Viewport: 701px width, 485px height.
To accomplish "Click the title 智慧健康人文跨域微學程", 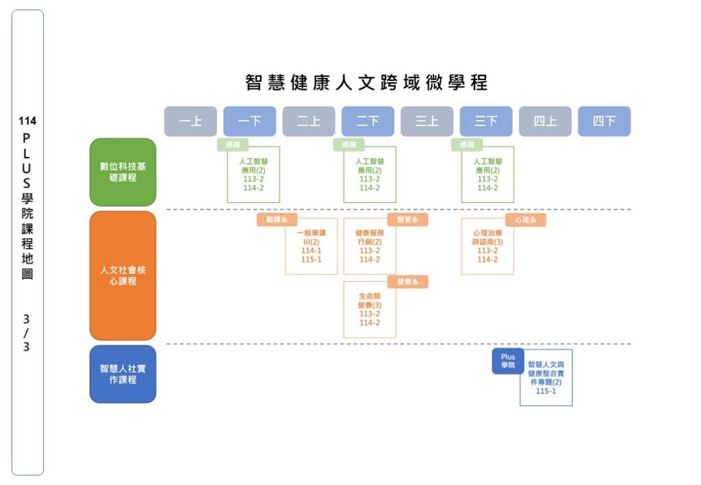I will [x=367, y=84].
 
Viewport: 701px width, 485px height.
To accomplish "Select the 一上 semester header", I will [x=190, y=121].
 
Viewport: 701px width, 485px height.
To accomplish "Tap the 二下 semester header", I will [x=368, y=121].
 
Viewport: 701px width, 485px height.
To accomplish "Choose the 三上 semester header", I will [x=426, y=121].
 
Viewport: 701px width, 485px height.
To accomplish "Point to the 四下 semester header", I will [x=604, y=121].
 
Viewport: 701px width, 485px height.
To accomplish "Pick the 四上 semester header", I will [x=545, y=121].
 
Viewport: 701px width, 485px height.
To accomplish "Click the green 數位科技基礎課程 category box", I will [x=123, y=172].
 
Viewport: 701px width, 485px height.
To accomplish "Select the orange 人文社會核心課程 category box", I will [x=123, y=275].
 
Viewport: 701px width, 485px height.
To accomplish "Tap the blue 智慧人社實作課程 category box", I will [x=123, y=374].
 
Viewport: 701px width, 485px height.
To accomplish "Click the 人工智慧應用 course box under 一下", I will [x=253, y=175].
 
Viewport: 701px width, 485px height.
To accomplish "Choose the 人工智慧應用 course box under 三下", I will [x=487, y=175].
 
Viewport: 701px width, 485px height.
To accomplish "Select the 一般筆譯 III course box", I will [x=311, y=247].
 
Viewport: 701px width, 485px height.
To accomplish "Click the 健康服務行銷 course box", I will [x=370, y=247].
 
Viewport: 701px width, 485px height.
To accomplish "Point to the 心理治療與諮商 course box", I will [x=487, y=247].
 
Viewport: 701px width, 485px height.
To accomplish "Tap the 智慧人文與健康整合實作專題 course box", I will [x=546, y=378].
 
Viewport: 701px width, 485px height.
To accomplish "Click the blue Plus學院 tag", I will [x=508, y=361].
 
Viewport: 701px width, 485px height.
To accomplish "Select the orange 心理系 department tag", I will [x=526, y=220].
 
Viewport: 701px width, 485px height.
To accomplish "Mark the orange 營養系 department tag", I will [x=408, y=282].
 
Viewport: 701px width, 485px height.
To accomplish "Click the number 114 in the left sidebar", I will [x=27, y=121].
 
